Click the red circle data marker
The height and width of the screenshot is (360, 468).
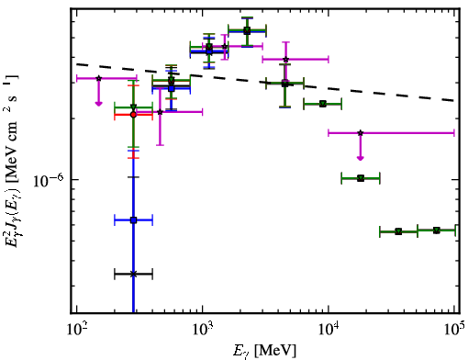point(133,115)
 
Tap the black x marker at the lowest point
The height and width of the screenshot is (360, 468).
point(133,274)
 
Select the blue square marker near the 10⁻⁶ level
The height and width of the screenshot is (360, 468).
point(133,219)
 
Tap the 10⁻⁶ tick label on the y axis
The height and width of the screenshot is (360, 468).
point(49,181)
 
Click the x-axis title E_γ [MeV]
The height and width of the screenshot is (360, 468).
point(264,351)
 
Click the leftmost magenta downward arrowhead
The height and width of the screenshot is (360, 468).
point(98,104)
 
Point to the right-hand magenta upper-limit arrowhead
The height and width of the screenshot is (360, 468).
point(361,158)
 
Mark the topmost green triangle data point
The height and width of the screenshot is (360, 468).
point(247,30)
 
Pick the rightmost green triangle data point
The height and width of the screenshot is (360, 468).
point(437,231)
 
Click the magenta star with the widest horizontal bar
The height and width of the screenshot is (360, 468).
point(361,133)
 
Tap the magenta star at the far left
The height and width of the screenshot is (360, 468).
point(98,78)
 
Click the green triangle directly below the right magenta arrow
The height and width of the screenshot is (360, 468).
point(361,178)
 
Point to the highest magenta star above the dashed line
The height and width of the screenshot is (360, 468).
point(225,47)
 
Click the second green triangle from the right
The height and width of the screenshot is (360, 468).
point(398,231)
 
